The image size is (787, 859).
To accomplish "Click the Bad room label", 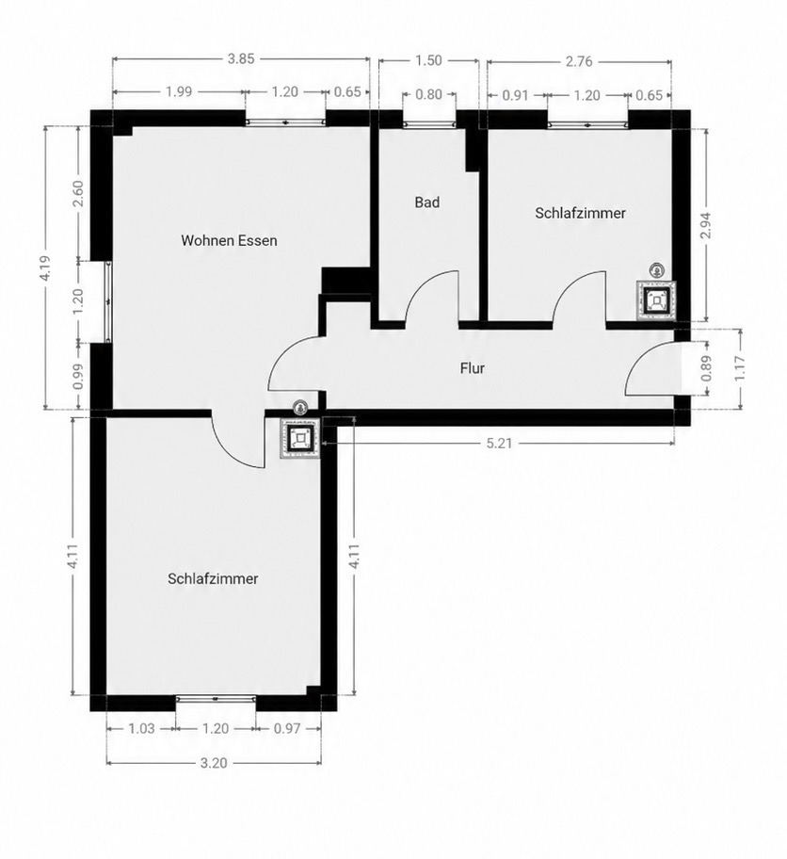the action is [x=427, y=203].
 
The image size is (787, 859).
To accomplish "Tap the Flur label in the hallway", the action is [x=472, y=368].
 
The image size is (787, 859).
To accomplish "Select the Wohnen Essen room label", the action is [x=229, y=240].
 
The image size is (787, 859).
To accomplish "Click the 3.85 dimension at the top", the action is [x=241, y=59].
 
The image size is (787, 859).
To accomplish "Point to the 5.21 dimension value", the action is [x=499, y=444].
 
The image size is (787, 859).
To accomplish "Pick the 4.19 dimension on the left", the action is [x=45, y=268].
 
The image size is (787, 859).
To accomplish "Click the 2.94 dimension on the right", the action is [x=706, y=225].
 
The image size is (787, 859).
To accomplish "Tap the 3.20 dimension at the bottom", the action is [x=214, y=763].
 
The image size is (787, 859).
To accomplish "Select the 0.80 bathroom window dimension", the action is [x=429, y=95].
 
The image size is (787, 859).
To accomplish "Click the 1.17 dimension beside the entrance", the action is [x=740, y=368].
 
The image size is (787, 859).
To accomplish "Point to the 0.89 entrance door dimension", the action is [x=706, y=368].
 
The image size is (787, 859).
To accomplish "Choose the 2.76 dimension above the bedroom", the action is [x=579, y=61].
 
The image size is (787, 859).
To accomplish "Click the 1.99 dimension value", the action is [x=179, y=91].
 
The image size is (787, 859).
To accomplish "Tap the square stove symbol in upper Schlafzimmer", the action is [x=656, y=300].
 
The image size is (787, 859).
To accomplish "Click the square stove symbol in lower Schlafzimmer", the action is [x=299, y=438].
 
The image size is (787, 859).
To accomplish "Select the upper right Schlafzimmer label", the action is [x=581, y=213].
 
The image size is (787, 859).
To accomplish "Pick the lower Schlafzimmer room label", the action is [x=213, y=579].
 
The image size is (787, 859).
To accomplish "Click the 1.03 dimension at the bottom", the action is [x=141, y=729].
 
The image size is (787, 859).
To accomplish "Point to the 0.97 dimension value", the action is [x=287, y=729].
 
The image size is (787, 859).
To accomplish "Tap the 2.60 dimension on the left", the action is [x=77, y=193].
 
